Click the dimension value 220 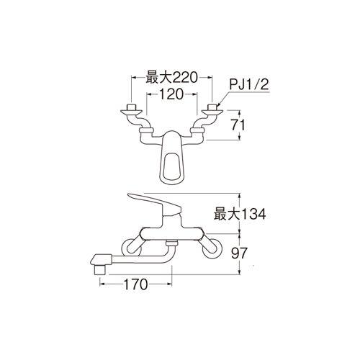coord(184,77)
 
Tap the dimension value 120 coord(171,94)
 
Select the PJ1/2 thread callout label coord(249,85)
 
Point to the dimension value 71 coord(238,125)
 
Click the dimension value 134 coord(253,214)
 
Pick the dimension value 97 coord(239,253)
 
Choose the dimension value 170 coord(135,284)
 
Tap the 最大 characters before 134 coord(227,214)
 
